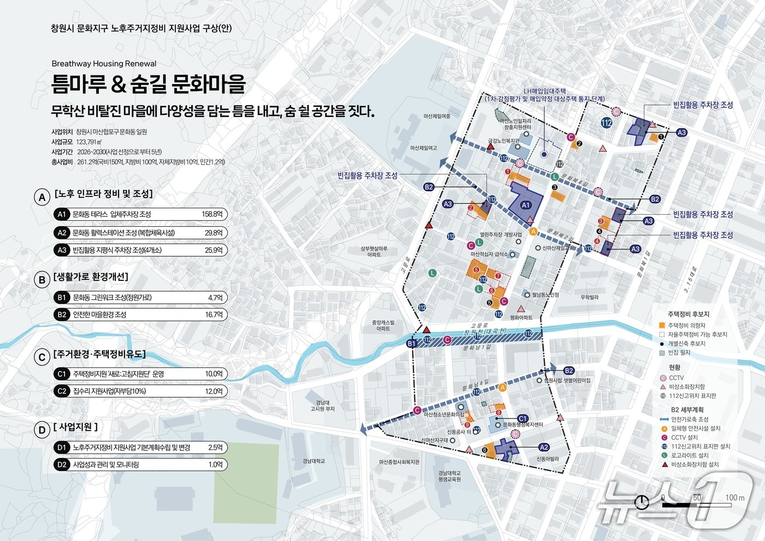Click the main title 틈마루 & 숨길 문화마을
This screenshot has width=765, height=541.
pos(148,84)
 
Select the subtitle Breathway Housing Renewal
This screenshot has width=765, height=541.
pos(104,63)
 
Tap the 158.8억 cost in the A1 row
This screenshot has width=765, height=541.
pos(212,214)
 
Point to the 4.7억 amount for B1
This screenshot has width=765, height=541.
pos(215,298)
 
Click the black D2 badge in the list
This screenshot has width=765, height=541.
pos(62,464)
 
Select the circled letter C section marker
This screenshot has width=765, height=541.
pos(42,357)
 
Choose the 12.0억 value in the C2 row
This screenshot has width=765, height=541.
pos(214,391)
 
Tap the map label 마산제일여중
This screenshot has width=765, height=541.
pos(437,116)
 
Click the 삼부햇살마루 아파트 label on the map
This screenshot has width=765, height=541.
pos(374,251)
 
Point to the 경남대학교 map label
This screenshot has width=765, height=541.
pos(314,461)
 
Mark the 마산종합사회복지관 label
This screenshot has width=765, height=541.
pos(399,462)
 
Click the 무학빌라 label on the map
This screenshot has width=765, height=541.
pos(590,297)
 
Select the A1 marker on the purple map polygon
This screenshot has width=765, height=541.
pos(526,205)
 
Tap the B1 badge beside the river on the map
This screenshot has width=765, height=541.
pos(412,344)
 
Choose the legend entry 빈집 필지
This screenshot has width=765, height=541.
pos(679,352)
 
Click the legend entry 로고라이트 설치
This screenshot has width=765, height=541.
pos(690,455)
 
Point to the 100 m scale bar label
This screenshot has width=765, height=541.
pos(734,497)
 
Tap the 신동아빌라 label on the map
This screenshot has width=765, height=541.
pos(548,459)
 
